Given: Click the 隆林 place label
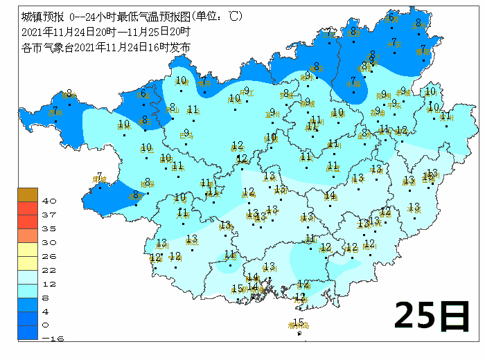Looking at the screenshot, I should (x=70, y=96).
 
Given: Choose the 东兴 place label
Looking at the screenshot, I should (x=240, y=291).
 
